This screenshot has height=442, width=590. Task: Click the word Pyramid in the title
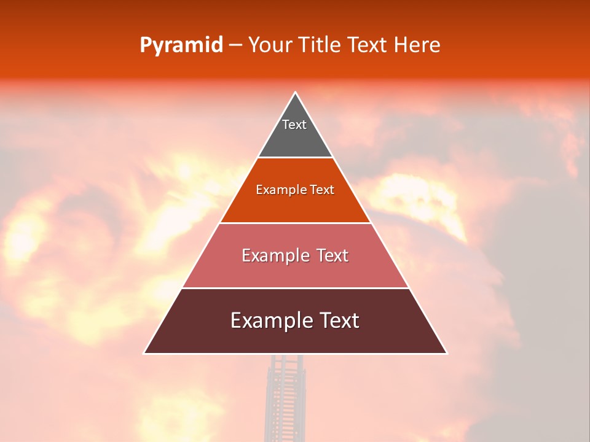[181, 45]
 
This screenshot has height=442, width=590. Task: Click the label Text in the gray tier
[294, 125]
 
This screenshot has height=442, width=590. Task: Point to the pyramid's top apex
[296, 93]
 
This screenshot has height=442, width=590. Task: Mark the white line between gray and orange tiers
[295, 158]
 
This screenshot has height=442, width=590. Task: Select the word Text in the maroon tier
[337, 320]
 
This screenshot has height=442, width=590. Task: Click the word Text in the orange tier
[322, 190]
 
